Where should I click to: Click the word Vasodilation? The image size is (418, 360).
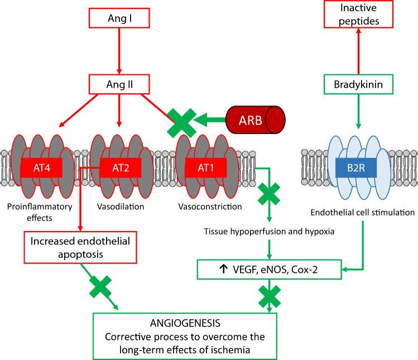(118, 207)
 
